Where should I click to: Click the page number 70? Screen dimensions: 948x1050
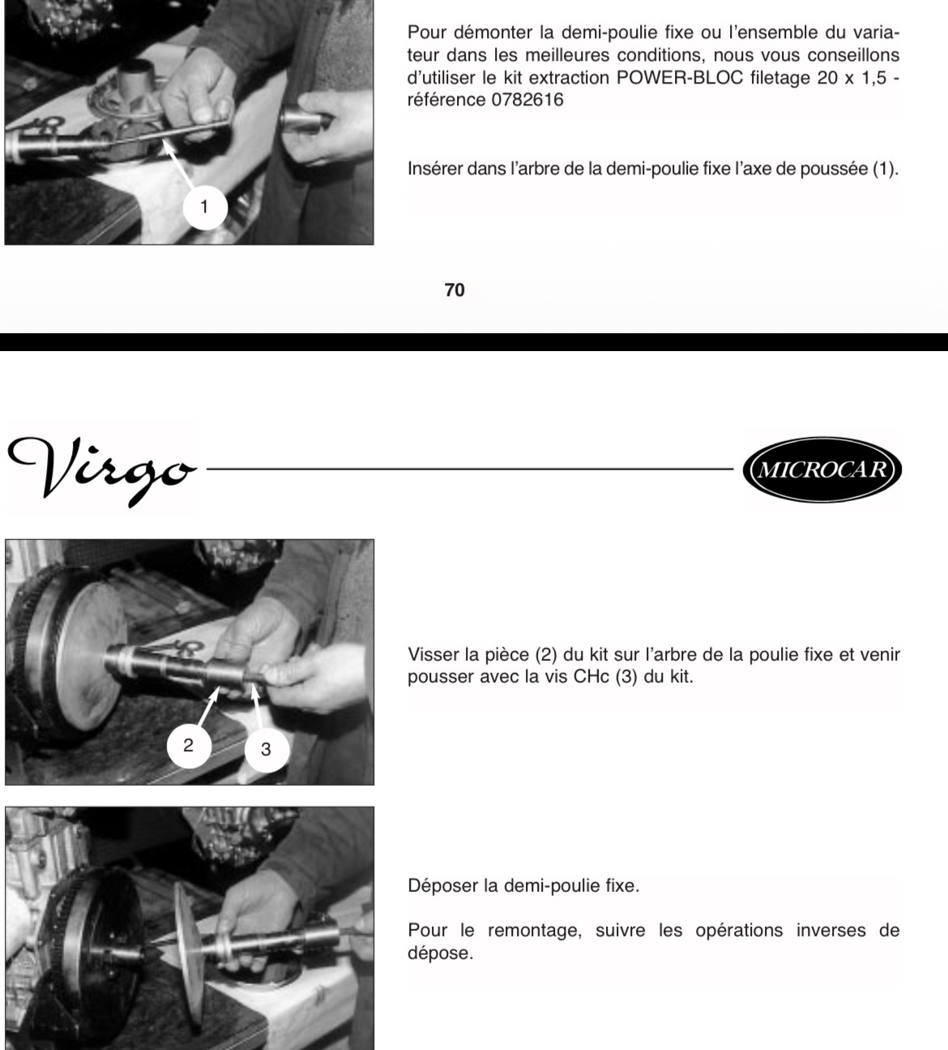click(454, 290)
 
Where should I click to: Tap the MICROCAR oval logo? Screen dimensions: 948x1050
click(822, 469)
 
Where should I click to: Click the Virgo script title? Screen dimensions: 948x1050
click(102, 469)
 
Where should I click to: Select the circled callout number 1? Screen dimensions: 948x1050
click(204, 208)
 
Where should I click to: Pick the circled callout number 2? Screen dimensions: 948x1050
click(189, 745)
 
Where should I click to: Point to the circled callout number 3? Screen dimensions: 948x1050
click(266, 749)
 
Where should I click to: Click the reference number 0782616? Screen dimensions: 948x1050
click(527, 100)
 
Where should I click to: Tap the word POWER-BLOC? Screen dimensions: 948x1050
click(680, 78)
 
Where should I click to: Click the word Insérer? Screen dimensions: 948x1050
click(434, 169)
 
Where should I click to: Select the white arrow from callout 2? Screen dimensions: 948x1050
click(208, 707)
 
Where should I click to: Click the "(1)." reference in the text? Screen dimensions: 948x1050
click(886, 169)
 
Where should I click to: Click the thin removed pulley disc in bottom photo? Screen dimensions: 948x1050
click(189, 956)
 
